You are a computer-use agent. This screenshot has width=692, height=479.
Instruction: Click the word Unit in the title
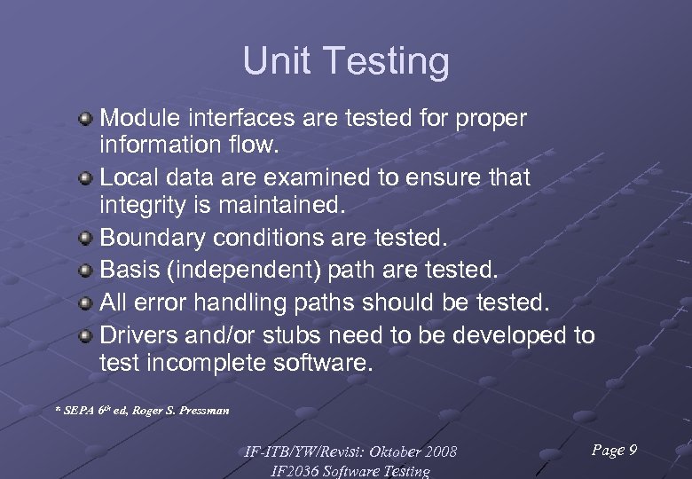click(277, 62)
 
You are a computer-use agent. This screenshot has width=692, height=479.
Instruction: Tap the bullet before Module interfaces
click(85, 118)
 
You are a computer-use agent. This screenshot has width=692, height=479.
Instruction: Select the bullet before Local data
click(85, 178)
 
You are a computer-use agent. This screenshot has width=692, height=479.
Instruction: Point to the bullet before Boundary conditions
click(85, 239)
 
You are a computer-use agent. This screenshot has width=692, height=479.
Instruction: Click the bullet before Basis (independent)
click(85, 269)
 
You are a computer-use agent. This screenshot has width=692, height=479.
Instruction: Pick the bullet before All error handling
click(85, 303)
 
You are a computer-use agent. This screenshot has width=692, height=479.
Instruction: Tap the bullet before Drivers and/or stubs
click(85, 335)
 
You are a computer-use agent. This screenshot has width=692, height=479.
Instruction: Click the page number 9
click(632, 451)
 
